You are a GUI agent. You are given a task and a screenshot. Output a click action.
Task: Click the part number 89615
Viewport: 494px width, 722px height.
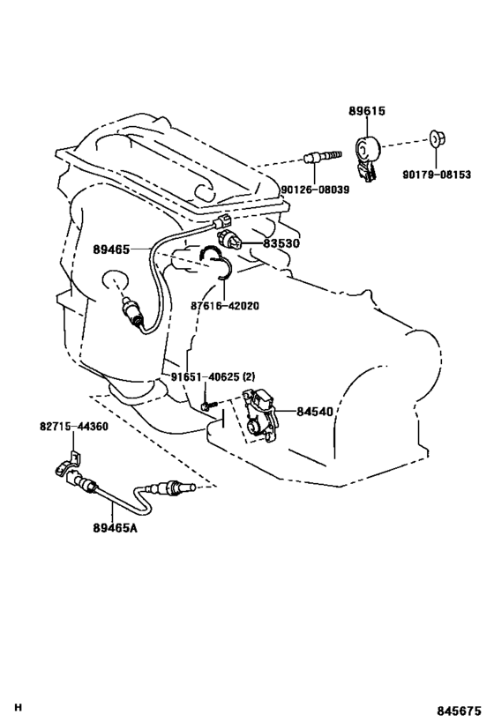[x=367, y=111]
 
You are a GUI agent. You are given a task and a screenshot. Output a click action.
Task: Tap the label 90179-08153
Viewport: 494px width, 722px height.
[x=437, y=175]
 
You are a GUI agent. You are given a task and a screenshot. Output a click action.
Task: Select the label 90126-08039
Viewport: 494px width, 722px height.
[x=315, y=190]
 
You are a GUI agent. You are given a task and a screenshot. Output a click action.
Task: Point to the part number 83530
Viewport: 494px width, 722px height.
[x=281, y=243]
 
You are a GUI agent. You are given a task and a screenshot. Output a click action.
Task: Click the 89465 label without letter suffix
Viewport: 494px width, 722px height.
[x=111, y=249]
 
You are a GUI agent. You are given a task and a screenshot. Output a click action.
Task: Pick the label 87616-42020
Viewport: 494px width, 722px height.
[x=225, y=306]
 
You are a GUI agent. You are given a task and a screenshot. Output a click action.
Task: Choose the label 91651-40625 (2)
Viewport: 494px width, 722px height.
[x=213, y=377]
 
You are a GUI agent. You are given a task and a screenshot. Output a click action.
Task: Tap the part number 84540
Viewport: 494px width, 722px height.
[x=314, y=411]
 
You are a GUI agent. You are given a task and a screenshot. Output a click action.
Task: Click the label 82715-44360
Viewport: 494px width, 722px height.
[x=74, y=427]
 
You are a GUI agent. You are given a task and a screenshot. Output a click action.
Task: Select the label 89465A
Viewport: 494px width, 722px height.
[x=115, y=528]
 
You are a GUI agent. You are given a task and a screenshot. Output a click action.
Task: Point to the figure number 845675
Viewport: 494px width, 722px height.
[x=459, y=711]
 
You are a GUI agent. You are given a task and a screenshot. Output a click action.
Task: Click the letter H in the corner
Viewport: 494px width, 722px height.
[x=18, y=708]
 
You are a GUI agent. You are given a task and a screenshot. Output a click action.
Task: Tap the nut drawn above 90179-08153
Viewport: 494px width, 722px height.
[x=437, y=138]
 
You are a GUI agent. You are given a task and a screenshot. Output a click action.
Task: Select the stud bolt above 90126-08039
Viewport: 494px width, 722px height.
[x=323, y=157]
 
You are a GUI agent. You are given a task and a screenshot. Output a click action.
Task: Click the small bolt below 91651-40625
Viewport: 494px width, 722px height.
[x=208, y=406]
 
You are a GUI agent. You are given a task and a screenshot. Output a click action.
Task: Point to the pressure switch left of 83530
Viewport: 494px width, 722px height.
[x=228, y=239]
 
